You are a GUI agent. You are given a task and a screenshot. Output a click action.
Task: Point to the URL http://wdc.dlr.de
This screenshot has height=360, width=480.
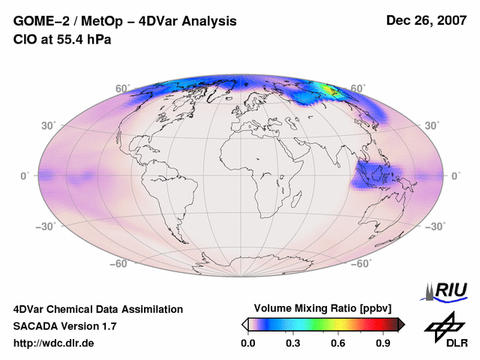[54, 343]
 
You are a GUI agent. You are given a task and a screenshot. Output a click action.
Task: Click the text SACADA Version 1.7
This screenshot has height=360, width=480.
[64, 326]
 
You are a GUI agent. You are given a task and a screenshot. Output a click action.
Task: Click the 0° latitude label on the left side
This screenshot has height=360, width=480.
[25, 175]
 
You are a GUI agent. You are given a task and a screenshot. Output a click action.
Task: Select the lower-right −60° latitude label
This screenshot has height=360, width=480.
[358, 263]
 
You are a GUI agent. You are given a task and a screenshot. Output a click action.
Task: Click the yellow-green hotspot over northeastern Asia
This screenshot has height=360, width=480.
[328, 90]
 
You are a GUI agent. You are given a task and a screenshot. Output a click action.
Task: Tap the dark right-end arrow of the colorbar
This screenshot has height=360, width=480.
[401, 324]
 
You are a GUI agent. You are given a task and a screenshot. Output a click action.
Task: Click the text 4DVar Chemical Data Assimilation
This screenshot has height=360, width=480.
[97, 309]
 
